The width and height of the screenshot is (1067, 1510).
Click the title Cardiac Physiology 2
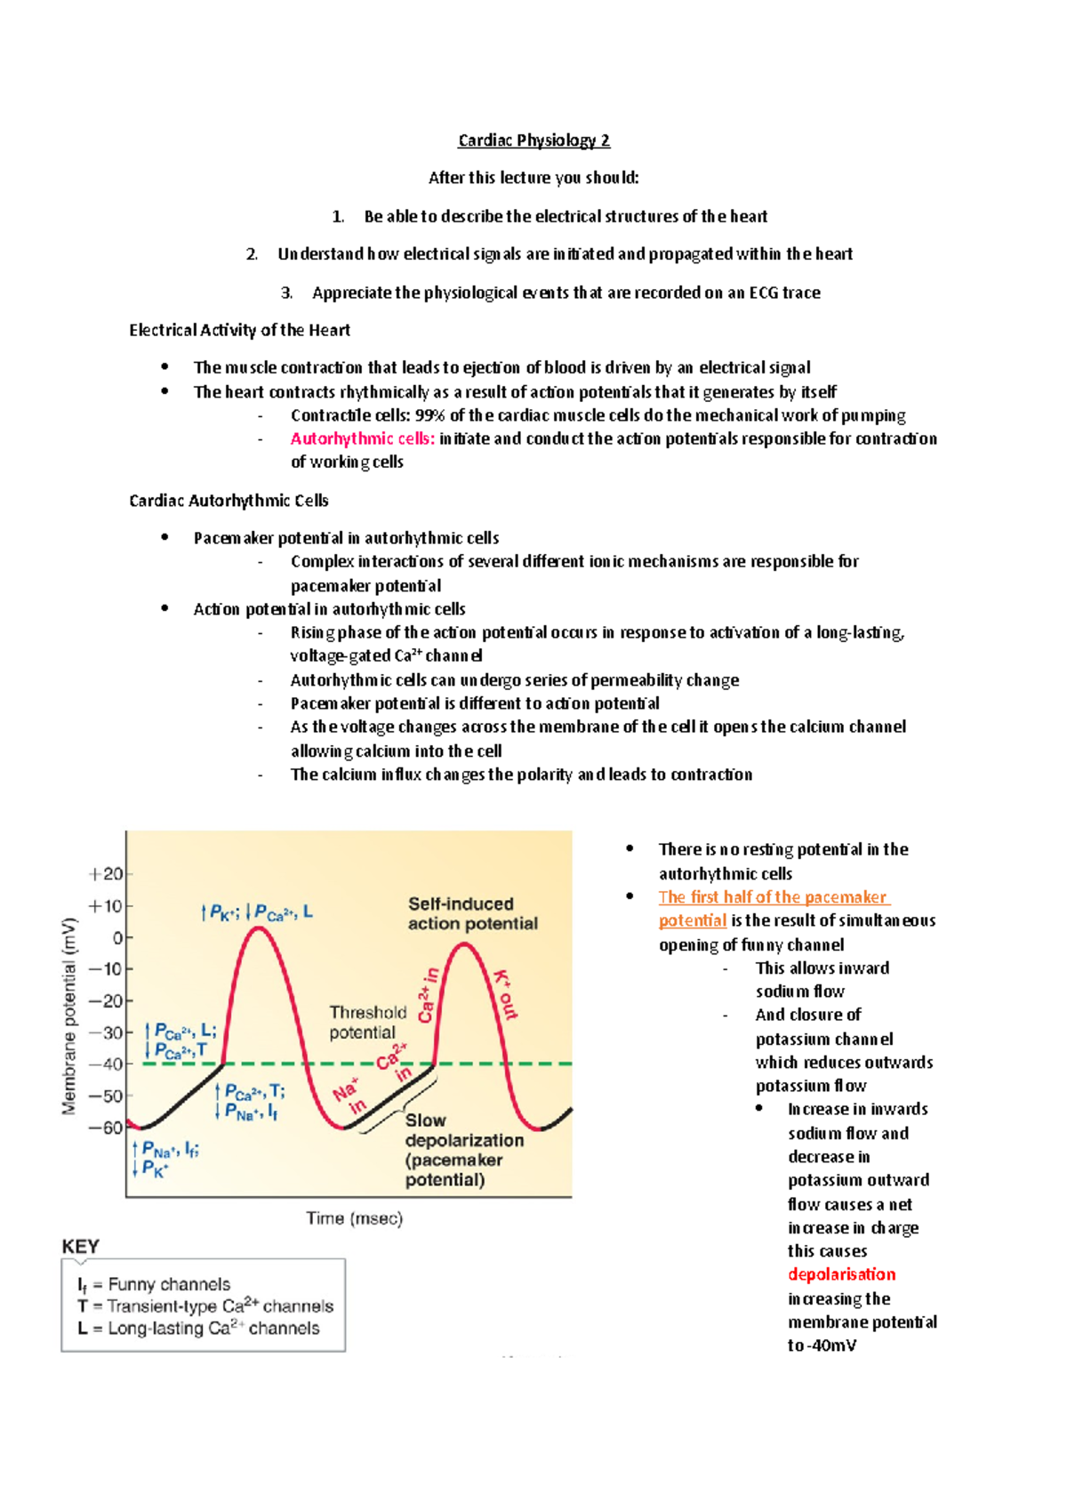533,141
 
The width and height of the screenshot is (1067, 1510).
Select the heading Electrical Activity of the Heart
239,330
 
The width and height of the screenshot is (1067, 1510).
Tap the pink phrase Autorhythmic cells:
362,438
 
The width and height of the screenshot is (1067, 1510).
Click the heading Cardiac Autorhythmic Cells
229,501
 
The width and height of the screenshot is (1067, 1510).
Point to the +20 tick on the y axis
106,874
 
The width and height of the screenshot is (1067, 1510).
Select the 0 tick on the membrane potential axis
117,937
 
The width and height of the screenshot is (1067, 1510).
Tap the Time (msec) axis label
354,1218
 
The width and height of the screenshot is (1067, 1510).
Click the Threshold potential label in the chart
367,1023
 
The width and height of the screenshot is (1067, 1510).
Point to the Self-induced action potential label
472,913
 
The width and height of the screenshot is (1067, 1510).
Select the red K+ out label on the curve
504,994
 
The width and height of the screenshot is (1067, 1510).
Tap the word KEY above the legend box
80,1246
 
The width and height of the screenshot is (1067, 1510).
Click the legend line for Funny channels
154,1284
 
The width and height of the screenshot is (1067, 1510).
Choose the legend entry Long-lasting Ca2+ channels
198,1329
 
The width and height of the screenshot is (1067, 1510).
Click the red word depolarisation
841,1274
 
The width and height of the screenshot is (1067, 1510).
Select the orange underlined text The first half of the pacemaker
774,897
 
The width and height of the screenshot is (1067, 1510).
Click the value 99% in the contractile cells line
429,415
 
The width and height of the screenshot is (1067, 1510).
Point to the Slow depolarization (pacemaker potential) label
462,1150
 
